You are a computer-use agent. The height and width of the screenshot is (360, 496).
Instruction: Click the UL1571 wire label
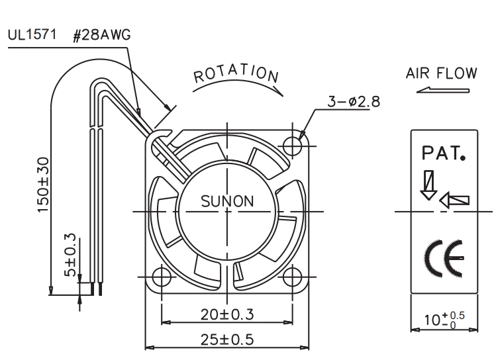pos(32,34)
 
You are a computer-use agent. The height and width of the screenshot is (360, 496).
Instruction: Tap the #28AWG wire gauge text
pos(101,35)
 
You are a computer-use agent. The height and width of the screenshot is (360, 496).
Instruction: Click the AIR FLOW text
pos(441,73)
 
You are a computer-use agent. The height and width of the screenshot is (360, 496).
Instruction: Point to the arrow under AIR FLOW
pos(443,90)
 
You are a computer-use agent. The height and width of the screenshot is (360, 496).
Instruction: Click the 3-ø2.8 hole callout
pos(354,102)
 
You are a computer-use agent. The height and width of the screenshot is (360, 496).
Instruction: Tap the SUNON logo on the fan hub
pos(227,201)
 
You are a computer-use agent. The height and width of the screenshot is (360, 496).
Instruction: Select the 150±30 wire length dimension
pos(43,185)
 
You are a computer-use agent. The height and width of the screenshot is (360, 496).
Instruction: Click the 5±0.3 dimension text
pos(70,255)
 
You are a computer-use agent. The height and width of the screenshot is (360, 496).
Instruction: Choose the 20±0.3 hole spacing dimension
pos(227,314)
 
